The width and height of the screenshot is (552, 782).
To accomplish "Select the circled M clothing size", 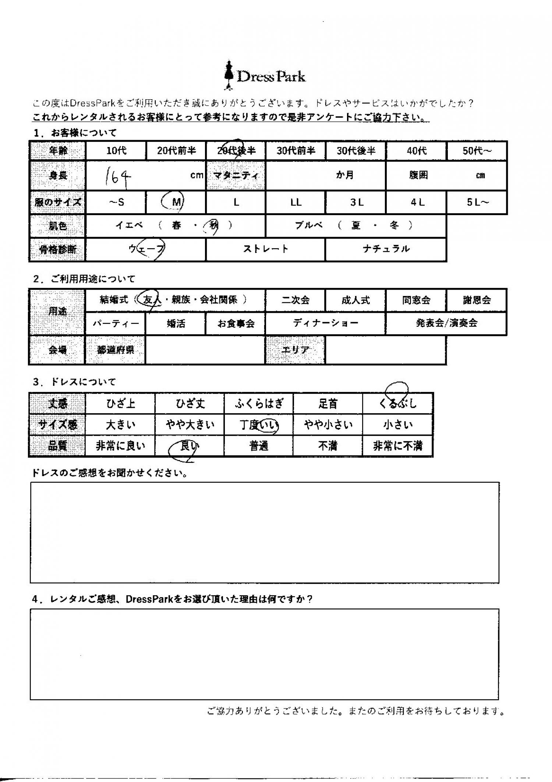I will [176, 202].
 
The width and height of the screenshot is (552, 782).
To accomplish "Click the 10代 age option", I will [116, 151].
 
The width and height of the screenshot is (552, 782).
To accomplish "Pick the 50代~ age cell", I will [477, 151].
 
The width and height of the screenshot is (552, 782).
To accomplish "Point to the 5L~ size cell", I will [477, 202].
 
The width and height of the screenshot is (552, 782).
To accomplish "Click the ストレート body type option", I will [266, 249].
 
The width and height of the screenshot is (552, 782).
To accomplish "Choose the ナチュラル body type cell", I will [386, 249].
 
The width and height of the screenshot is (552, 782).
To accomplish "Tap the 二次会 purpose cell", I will [295, 300].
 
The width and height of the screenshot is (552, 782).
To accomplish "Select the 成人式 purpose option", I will [355, 300].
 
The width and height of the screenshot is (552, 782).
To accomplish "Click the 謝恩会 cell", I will [477, 300].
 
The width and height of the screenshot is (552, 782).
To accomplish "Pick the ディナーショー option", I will [326, 323].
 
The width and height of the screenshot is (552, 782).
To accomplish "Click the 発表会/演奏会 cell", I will [446, 323].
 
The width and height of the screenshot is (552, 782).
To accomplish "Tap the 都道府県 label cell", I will [116, 350].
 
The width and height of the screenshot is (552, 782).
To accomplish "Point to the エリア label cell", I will [295, 350].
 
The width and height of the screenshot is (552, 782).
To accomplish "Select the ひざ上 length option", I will [120, 404].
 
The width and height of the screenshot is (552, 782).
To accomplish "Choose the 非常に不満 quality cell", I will [397, 446].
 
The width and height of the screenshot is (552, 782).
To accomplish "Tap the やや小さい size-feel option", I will [328, 425].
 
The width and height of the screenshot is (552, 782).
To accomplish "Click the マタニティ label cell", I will [236, 176].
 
